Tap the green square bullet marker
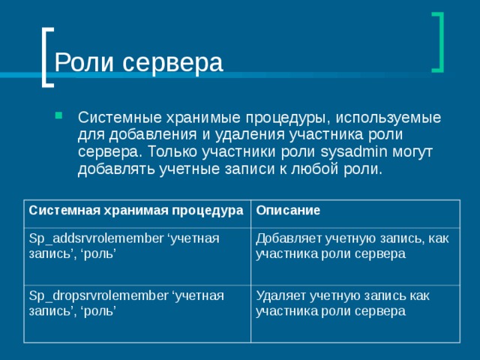[59, 116]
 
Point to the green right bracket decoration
[437, 42]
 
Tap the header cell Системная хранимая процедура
[136, 210]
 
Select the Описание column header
[289, 210]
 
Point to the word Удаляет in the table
[279, 295]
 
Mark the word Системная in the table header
[58, 210]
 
